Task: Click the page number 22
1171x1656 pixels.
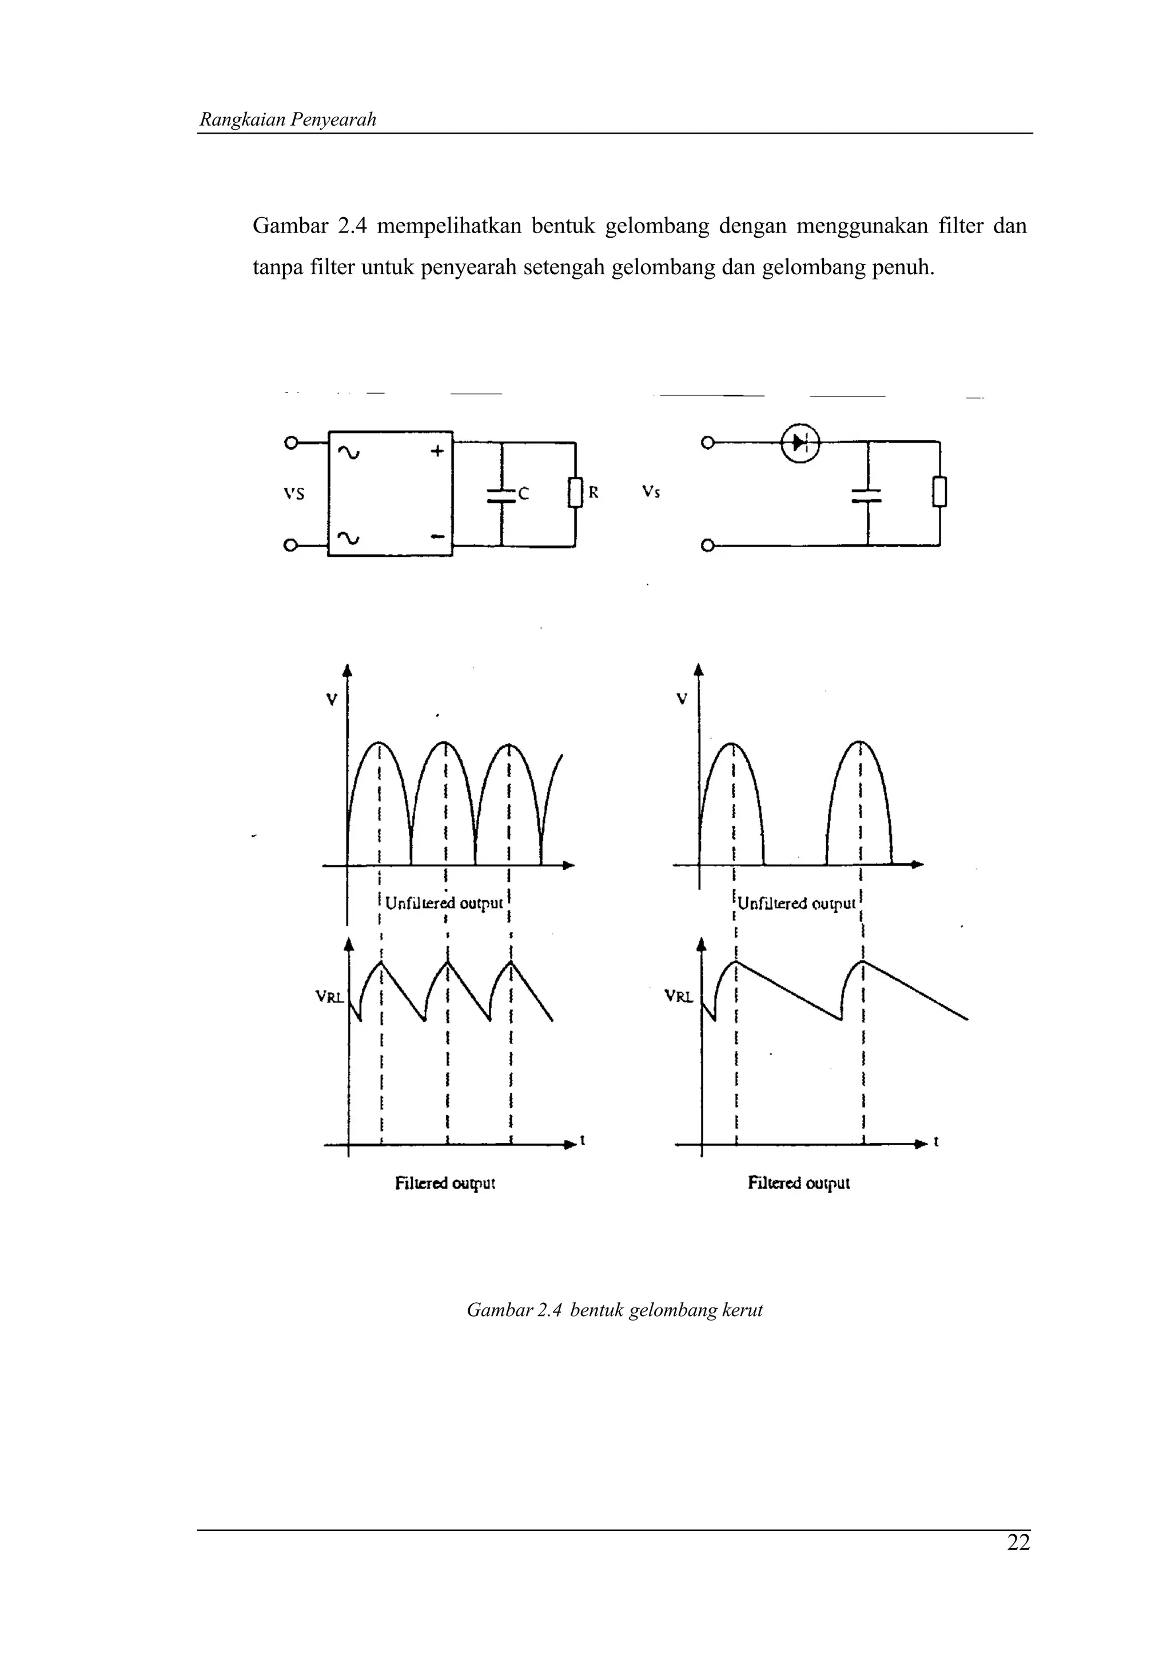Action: (1018, 1542)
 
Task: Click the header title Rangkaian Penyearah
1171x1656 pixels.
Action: (288, 120)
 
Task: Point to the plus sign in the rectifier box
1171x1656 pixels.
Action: (437, 451)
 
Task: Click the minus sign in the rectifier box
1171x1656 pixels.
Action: (437, 537)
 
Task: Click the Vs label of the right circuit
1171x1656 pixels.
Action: (651, 492)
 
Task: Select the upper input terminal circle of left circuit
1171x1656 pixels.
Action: (291, 443)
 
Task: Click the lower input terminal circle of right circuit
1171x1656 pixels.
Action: (708, 545)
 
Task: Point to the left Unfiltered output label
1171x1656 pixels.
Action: (444, 903)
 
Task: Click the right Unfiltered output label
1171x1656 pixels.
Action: (796, 903)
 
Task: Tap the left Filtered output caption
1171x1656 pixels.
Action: (444, 1183)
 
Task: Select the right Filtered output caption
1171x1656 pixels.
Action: (799, 1183)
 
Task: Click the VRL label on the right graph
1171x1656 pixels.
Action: (678, 997)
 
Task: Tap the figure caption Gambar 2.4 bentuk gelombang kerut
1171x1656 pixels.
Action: (614, 1310)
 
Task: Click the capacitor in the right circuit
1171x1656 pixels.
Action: (868, 494)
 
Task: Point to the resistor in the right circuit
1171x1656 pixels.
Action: (939, 493)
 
